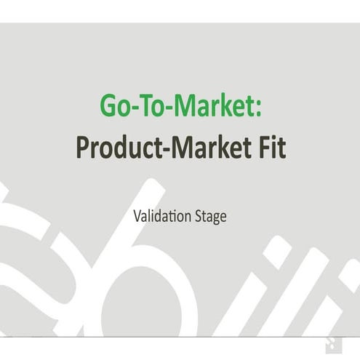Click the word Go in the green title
(x=116, y=106)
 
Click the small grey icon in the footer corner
(x=330, y=343)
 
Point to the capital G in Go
(x=108, y=106)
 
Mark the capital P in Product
(x=82, y=148)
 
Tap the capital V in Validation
(x=137, y=216)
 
